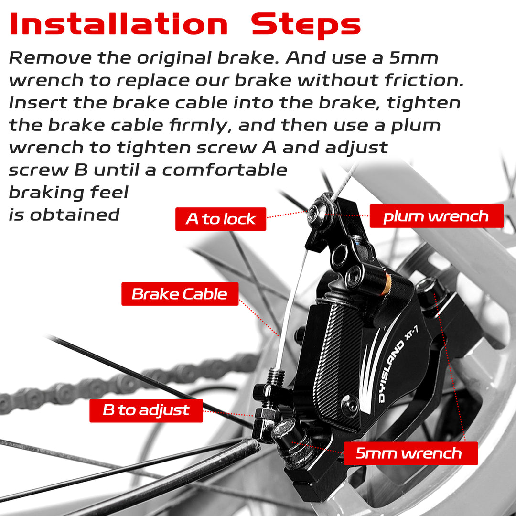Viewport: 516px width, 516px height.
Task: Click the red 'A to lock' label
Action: [220, 219]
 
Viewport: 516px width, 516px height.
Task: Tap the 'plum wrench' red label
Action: [436, 216]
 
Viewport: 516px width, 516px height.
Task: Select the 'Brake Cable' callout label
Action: [180, 294]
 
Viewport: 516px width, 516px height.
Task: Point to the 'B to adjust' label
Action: [146, 410]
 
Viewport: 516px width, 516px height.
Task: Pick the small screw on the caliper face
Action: [350, 405]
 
